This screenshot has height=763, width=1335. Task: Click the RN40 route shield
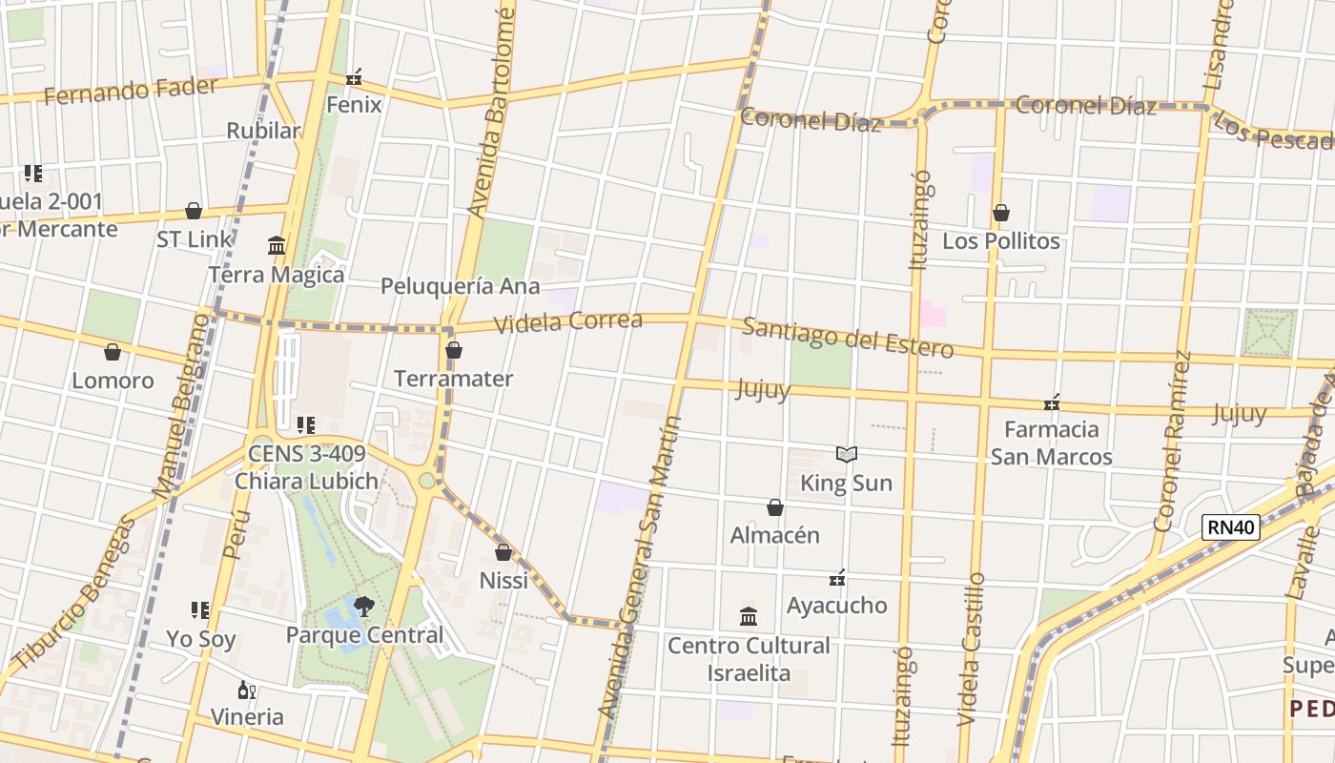click(x=1230, y=527)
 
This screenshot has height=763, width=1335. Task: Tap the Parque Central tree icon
click(x=363, y=606)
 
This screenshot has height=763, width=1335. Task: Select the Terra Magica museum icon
click(x=277, y=246)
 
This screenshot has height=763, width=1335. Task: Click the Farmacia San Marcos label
click(x=1051, y=443)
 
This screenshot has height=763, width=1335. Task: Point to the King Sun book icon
click(x=847, y=455)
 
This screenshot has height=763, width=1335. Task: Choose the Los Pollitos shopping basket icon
click(x=1001, y=213)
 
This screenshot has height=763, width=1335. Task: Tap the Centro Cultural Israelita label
click(x=749, y=659)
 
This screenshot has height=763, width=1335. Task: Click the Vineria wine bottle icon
click(x=246, y=690)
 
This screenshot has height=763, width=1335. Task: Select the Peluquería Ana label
click(x=460, y=286)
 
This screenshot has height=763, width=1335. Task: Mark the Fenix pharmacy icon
click(x=354, y=76)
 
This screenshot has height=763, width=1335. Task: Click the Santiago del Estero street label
click(x=848, y=338)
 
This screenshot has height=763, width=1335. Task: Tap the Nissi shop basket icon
click(x=503, y=552)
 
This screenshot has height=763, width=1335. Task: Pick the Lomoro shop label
click(x=113, y=381)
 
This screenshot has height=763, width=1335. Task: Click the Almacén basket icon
click(x=775, y=507)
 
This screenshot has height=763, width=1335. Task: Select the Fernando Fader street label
click(x=131, y=92)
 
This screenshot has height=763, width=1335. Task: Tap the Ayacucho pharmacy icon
click(x=837, y=578)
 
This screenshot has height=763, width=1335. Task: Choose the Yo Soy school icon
click(x=200, y=609)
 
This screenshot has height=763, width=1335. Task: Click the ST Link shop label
click(x=195, y=239)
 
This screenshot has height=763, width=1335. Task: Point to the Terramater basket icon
click(x=454, y=350)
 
